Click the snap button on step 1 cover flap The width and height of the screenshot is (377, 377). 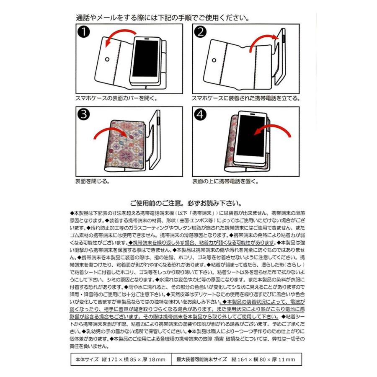pos(107,59)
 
